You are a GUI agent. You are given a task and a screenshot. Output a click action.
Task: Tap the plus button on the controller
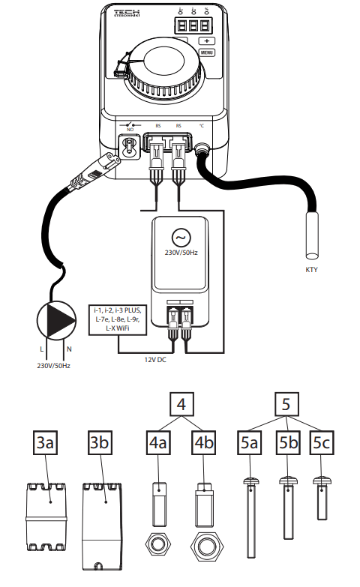click(208, 40)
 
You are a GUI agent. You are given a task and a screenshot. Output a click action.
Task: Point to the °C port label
click(200, 126)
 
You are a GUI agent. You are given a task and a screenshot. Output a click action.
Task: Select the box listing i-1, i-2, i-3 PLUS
click(121, 320)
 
